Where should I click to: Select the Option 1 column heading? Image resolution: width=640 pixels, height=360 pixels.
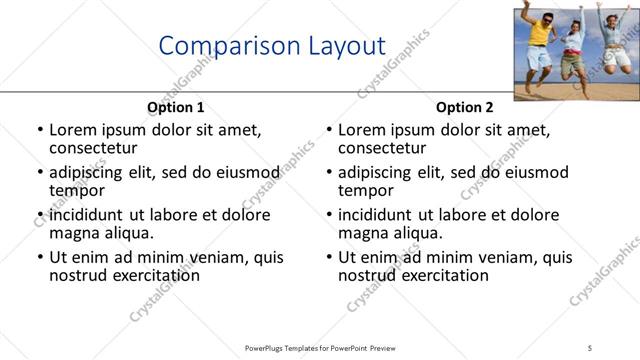(x=175, y=107)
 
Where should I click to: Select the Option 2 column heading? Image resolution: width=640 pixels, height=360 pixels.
(x=465, y=107)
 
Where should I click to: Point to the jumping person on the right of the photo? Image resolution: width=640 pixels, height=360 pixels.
(x=612, y=45)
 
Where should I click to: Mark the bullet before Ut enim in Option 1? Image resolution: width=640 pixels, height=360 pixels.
(x=40, y=258)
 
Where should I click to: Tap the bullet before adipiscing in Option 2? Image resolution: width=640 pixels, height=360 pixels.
(x=329, y=173)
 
